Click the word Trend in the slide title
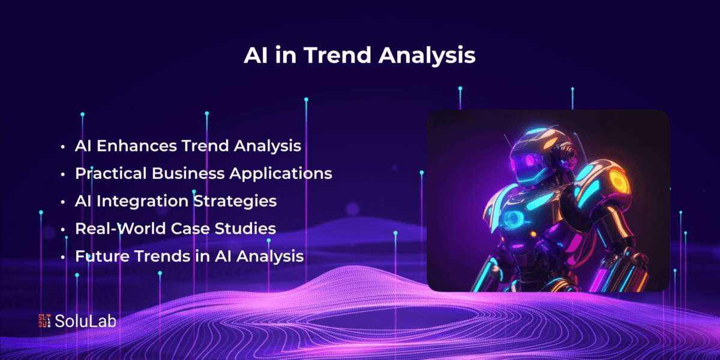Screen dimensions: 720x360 337,55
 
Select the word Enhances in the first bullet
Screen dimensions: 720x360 137,146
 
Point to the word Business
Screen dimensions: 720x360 188,173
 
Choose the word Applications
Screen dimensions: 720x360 281,174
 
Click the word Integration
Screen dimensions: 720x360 142,202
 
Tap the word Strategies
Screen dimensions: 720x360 235,202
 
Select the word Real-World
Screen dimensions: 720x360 119,229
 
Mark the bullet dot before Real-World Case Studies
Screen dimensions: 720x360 62,229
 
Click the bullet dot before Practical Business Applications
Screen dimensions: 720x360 62,174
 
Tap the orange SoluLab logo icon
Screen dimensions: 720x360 44,321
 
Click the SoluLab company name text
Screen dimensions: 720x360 85,321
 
